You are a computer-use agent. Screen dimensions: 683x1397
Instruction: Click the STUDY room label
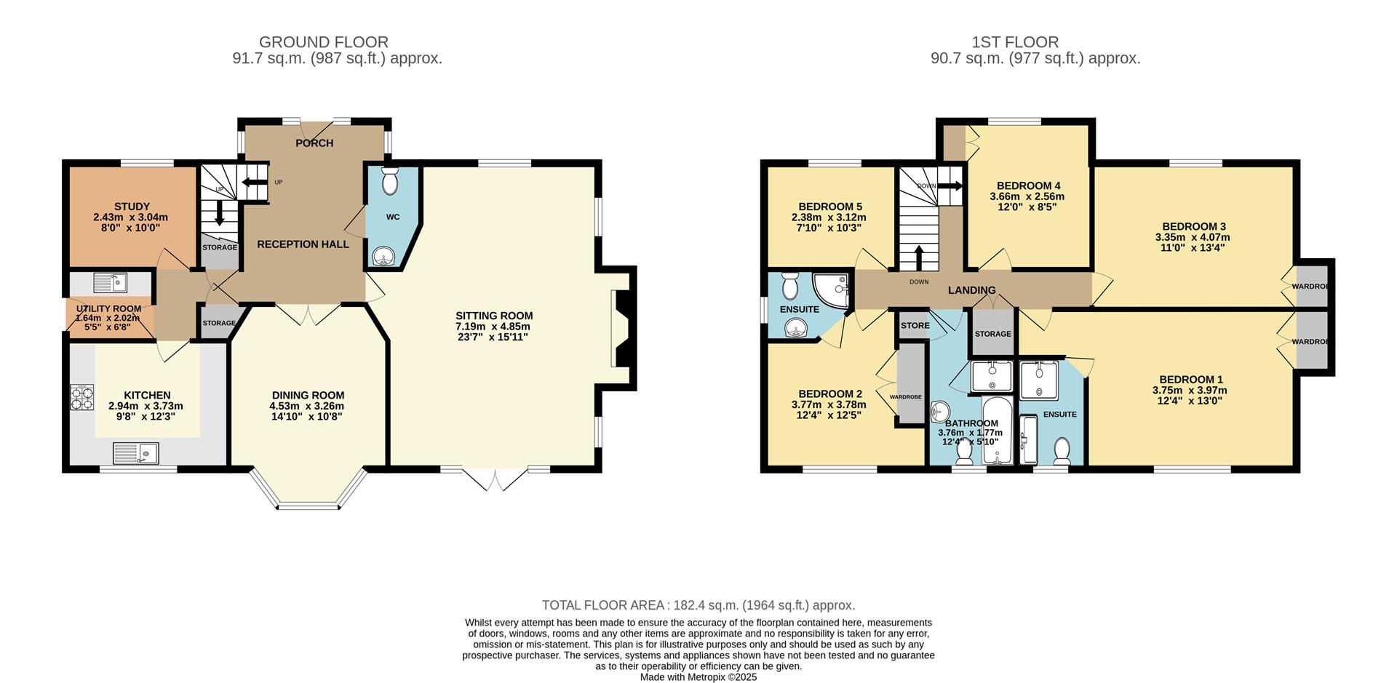(x=132, y=207)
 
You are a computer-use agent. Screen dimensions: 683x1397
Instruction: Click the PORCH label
(x=314, y=143)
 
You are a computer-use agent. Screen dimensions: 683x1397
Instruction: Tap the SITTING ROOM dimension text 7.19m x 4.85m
(x=494, y=327)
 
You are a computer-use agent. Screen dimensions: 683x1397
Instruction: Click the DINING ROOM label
(x=308, y=395)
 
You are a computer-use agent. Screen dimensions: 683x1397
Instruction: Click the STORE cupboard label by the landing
(x=915, y=325)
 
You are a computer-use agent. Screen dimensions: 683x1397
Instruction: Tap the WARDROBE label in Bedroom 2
(x=906, y=396)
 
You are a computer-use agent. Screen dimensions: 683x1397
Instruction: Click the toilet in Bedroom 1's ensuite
(x=1062, y=450)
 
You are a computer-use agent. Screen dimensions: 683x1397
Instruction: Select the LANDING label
(x=971, y=290)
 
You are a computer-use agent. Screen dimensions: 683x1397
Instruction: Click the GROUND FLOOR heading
(x=323, y=42)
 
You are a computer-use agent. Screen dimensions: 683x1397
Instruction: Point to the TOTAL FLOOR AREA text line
(x=698, y=605)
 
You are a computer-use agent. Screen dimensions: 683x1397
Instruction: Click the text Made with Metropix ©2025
(x=698, y=677)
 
